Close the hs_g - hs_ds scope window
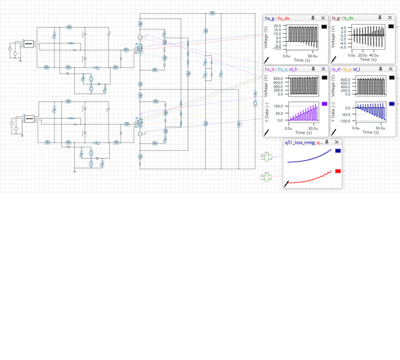click(323, 18)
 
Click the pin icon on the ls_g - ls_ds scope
click(380, 18)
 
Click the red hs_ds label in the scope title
click(283, 18)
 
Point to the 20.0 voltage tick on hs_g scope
click(277, 26)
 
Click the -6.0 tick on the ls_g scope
click(343, 47)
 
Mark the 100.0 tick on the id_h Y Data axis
click(278, 106)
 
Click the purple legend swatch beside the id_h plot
click(325, 104)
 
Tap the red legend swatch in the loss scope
click(338, 171)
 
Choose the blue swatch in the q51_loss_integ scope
click(338, 151)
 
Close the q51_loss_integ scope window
click(337, 142)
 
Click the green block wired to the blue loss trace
click(265, 157)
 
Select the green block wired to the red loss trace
click(265, 178)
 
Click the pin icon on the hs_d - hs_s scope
click(313, 69)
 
